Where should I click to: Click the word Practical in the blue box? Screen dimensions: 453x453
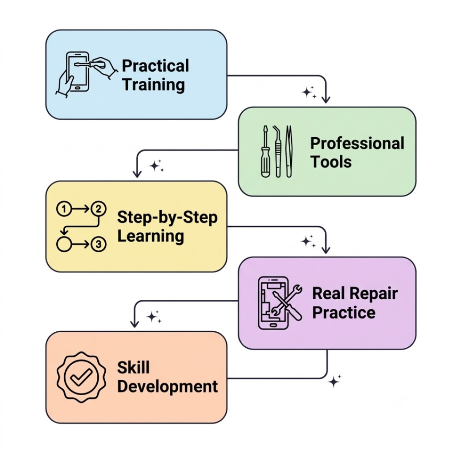(155, 66)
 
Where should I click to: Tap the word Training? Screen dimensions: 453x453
(154, 85)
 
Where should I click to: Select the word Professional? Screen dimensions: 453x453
(357, 143)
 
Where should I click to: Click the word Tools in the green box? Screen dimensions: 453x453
(331, 161)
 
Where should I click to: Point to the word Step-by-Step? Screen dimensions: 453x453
(167, 217)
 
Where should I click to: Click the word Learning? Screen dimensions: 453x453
(150, 237)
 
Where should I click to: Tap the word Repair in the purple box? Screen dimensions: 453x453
(374, 294)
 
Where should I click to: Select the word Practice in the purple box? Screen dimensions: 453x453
(344, 313)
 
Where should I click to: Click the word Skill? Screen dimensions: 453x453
(134, 368)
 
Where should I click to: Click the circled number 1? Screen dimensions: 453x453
(64, 209)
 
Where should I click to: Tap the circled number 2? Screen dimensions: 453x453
(99, 209)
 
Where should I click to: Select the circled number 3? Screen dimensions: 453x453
(99, 244)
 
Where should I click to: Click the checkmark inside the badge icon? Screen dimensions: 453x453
(81, 376)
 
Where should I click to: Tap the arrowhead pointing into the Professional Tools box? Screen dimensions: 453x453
(326, 99)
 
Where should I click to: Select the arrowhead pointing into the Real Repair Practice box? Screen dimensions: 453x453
(326, 250)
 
